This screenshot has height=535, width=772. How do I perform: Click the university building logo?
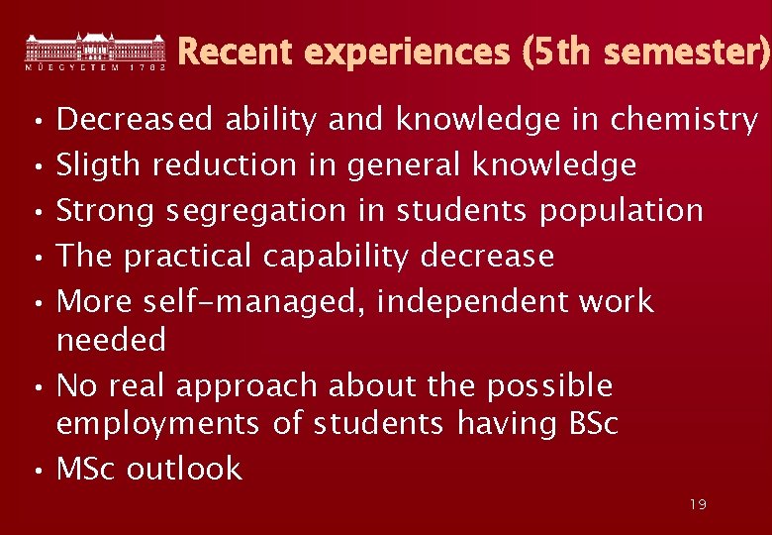[95, 51]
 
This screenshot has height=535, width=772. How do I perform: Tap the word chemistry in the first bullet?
[684, 120]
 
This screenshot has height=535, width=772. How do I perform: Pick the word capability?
[336, 257]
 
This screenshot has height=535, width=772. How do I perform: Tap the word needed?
[111, 340]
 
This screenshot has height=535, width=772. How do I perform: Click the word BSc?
[593, 424]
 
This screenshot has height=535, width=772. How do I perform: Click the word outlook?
[184, 469]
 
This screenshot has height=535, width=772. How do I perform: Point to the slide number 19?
[698, 505]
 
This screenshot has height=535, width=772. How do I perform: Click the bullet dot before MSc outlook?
[36, 471]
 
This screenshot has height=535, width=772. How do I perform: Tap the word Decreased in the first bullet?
[135, 120]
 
